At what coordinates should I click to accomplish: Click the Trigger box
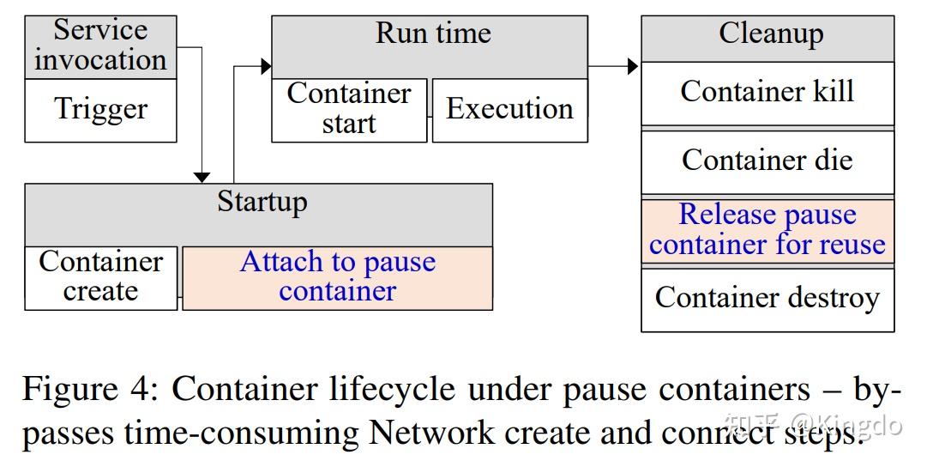(100, 111)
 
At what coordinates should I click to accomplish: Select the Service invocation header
(100, 46)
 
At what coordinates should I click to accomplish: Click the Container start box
(349, 110)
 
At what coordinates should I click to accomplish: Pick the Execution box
(509, 110)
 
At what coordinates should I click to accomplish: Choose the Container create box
(100, 277)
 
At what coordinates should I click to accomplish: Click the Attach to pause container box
(337, 277)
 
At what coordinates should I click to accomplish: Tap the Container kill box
(767, 93)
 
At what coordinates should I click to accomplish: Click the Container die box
(767, 161)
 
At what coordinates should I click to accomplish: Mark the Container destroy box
(767, 299)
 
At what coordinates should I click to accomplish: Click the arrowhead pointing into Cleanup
(633, 66)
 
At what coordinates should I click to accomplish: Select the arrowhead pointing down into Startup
(202, 177)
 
